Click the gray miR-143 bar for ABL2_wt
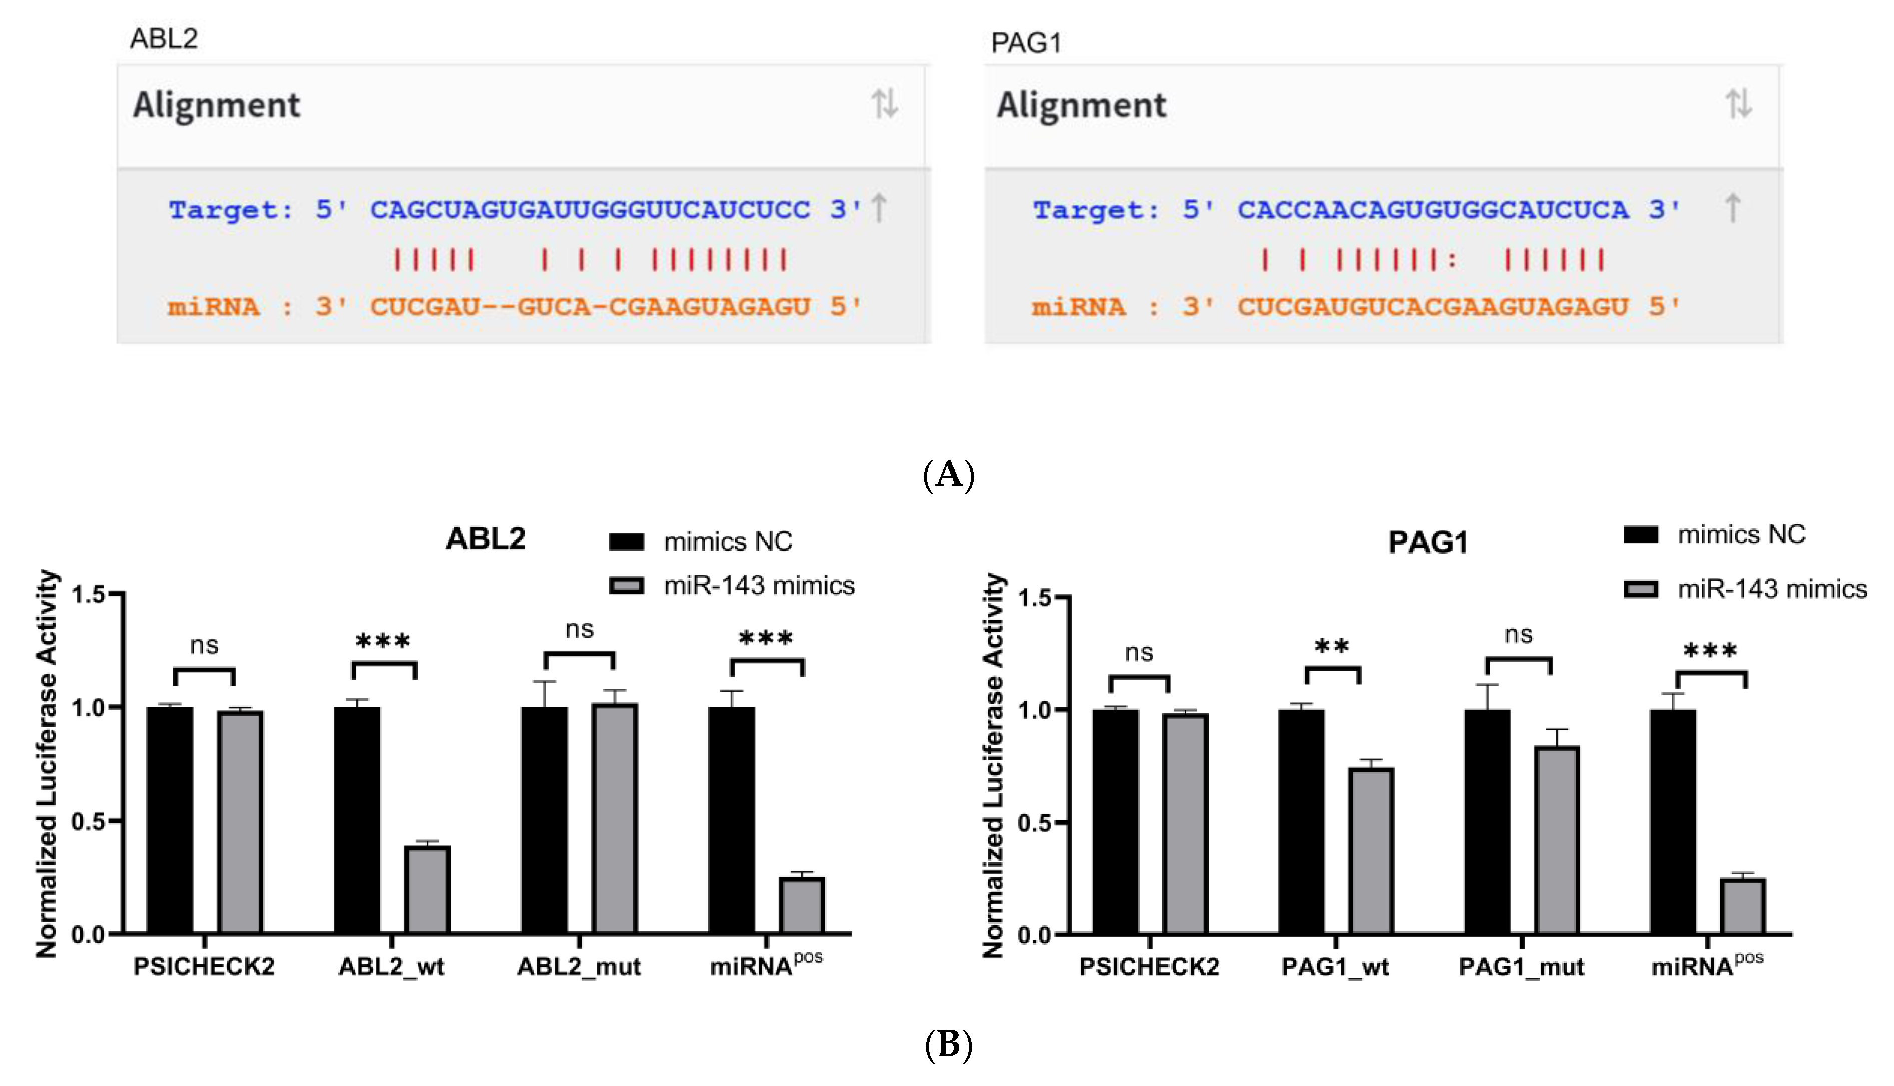pos(427,889)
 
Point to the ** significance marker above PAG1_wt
pos(1332,647)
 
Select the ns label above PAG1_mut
pos(1518,635)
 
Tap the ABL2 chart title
pos(486,539)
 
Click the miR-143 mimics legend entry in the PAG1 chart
pos(1745,589)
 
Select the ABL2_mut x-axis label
pos(579,967)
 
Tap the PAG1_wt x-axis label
pos(1335,967)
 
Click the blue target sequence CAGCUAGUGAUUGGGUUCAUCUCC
pos(590,210)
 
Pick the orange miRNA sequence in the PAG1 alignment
pos(1433,306)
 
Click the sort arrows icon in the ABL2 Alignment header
pos(884,104)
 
